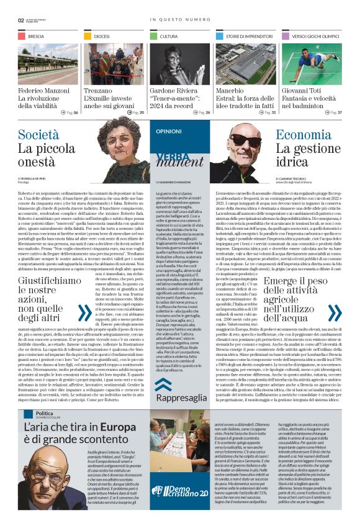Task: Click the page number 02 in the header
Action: click(x=21, y=20)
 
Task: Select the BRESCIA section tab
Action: click(x=35, y=37)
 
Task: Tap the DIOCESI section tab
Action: click(x=102, y=37)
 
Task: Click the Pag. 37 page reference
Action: click(x=332, y=112)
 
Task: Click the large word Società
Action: click(x=38, y=134)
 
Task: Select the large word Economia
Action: click(x=304, y=134)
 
